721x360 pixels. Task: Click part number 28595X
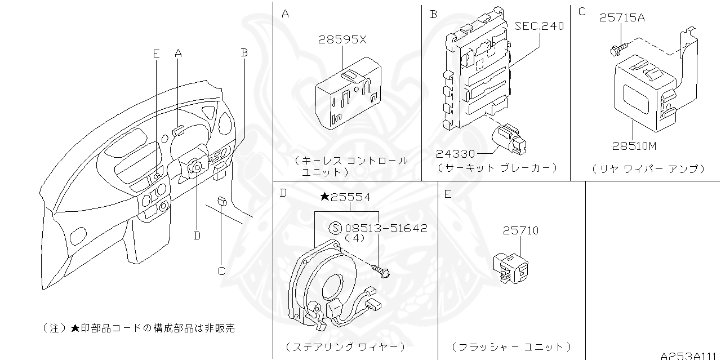(342, 40)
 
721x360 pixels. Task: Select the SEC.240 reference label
(538, 26)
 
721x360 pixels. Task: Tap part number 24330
(455, 153)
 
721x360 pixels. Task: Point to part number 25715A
(622, 17)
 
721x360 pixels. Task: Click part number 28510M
(634, 146)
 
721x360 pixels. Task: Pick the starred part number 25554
(345, 197)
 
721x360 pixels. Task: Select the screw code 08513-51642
(386, 228)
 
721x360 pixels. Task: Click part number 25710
(520, 230)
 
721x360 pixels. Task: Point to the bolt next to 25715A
(617, 50)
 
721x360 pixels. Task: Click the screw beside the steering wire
(384, 273)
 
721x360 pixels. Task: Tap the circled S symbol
(335, 228)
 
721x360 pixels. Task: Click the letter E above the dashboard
(156, 54)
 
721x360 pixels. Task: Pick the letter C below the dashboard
(221, 271)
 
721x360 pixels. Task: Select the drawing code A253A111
(689, 355)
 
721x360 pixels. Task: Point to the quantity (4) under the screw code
(355, 238)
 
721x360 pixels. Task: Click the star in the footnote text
(75, 328)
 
